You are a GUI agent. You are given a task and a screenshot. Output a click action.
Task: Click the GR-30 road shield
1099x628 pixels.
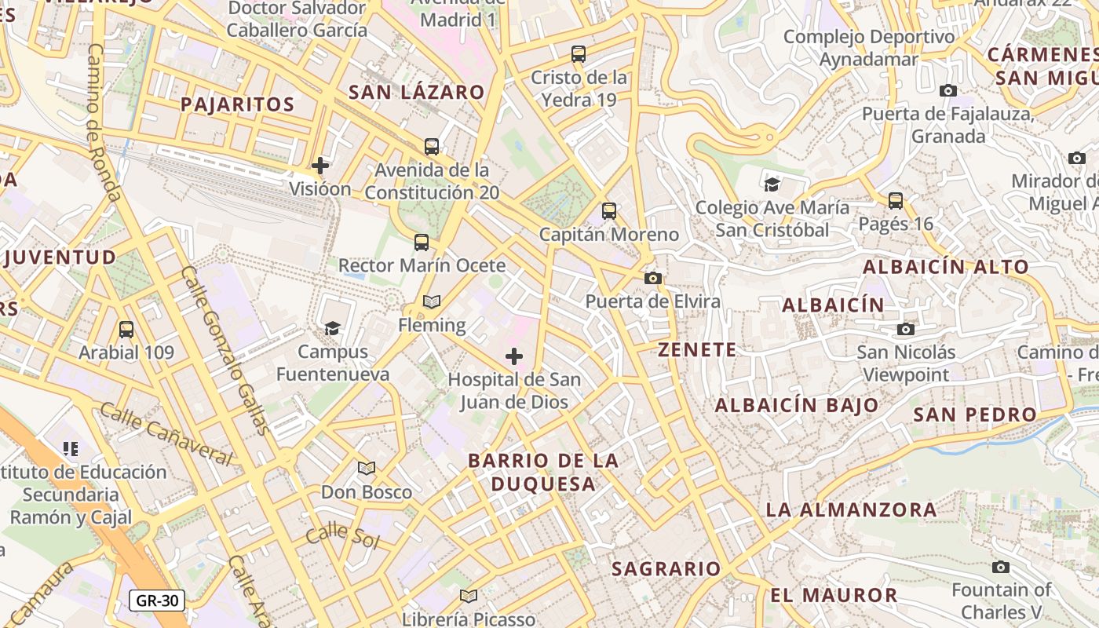pyautogui.click(x=158, y=601)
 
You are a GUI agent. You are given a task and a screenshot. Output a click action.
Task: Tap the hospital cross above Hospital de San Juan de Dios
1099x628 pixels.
pyautogui.click(x=514, y=357)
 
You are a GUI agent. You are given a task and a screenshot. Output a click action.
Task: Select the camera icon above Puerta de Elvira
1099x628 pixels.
pyautogui.click(x=652, y=278)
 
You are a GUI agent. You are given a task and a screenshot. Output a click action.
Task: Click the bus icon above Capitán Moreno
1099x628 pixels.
pyautogui.click(x=609, y=211)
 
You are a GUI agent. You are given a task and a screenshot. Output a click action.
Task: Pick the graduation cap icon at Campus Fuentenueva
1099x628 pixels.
pyautogui.click(x=333, y=328)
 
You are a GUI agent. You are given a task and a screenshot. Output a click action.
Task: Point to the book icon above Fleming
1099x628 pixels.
pyautogui.click(x=432, y=301)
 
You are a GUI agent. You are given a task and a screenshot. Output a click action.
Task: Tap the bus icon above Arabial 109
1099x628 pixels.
pyautogui.click(x=126, y=330)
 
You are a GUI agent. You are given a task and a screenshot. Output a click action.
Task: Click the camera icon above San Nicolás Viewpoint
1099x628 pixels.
pyautogui.click(x=906, y=329)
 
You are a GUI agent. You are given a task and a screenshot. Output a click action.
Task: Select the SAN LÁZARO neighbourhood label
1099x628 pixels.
pyautogui.click(x=417, y=92)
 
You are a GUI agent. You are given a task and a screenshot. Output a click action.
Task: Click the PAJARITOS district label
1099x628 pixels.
pyautogui.click(x=238, y=104)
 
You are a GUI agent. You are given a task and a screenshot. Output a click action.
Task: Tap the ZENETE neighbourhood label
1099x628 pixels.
pyautogui.click(x=697, y=350)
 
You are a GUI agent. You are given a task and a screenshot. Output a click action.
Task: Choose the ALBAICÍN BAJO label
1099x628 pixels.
pyautogui.click(x=797, y=405)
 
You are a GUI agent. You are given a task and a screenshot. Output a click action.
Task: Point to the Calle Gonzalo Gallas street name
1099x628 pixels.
pyautogui.click(x=225, y=349)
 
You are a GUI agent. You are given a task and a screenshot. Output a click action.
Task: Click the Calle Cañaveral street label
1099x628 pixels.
pyautogui.click(x=166, y=434)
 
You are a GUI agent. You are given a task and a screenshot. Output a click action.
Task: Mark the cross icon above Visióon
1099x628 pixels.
pyautogui.click(x=320, y=166)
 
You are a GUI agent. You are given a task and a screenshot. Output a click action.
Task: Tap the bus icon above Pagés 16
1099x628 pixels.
pyautogui.click(x=896, y=201)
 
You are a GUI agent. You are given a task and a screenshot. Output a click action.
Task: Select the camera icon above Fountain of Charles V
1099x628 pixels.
pyautogui.click(x=1001, y=567)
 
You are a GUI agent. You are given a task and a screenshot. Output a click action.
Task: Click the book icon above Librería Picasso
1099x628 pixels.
pyautogui.click(x=469, y=596)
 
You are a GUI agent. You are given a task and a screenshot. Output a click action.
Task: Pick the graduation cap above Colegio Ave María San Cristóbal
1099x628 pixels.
pyautogui.click(x=772, y=184)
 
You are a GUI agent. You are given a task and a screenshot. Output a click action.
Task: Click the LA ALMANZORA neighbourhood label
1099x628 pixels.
pyautogui.click(x=851, y=509)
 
